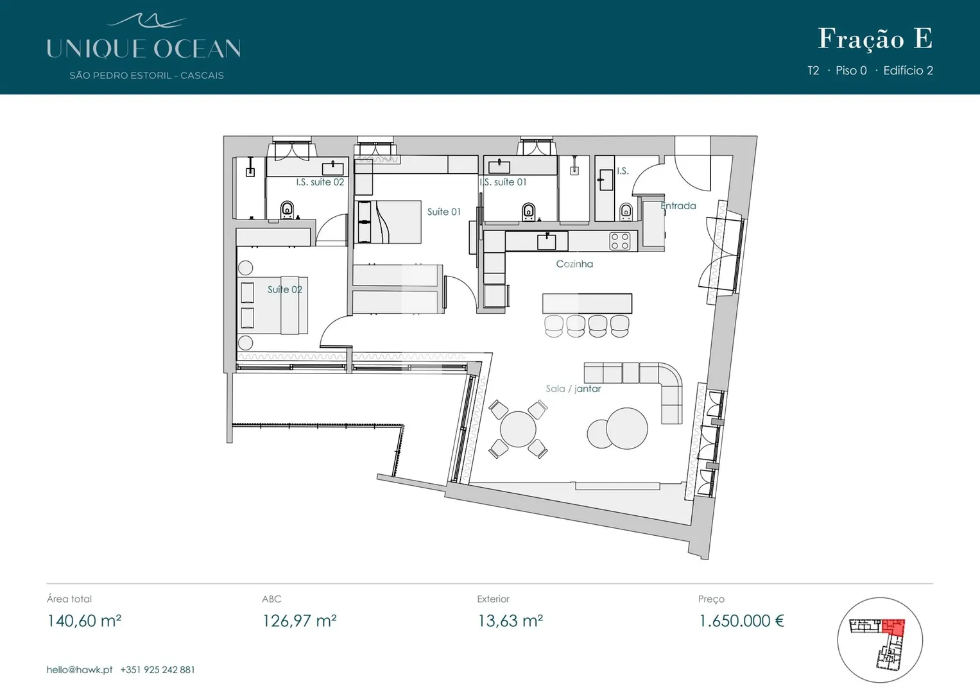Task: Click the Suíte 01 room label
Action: [x=443, y=212]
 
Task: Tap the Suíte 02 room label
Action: [x=285, y=289]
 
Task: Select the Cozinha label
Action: [x=574, y=264]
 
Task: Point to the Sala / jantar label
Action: [x=573, y=388]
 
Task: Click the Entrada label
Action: [x=678, y=205]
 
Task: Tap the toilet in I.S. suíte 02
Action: [x=287, y=210]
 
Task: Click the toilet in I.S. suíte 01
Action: [x=528, y=212]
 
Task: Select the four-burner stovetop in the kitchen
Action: [x=620, y=241]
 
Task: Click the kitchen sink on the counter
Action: [x=546, y=241]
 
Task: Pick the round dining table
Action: [x=518, y=429]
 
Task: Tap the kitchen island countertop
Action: [x=587, y=303]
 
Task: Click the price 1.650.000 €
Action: [x=741, y=621]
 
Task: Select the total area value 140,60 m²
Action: [x=84, y=621]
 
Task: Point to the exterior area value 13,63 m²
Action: [x=510, y=621]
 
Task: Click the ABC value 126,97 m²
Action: [x=299, y=621]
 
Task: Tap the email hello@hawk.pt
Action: [x=80, y=670]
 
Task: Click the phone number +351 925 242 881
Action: [x=157, y=670]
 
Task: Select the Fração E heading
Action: [x=875, y=39]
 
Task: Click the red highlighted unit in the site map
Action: [x=893, y=626]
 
